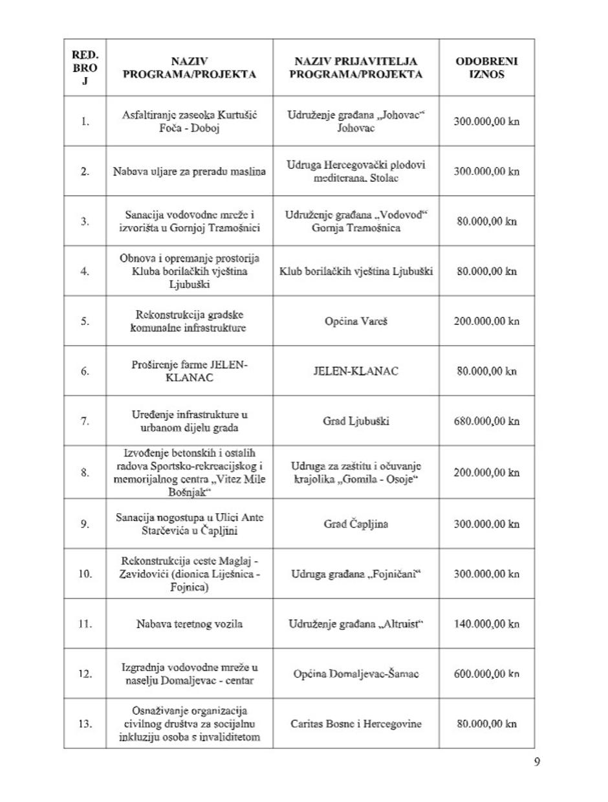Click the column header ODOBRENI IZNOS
coord(486,68)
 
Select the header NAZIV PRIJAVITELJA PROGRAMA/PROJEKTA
coord(356,68)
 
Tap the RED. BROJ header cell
coord(85,68)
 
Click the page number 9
coord(537,761)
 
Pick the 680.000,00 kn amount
coord(486,421)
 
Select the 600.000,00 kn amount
coord(486,674)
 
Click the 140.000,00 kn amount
coord(486,624)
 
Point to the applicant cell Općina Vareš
coord(356,321)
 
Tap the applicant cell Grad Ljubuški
coord(356,421)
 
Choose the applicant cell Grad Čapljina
coord(356,524)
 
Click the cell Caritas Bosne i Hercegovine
coord(356,724)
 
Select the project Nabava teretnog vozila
coord(190,624)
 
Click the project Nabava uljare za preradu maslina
coord(190,172)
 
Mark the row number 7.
coord(85,421)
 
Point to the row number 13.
coord(85,724)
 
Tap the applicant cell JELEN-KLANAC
coord(356,371)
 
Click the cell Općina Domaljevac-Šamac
coord(356,674)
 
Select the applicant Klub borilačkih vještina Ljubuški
coord(356,271)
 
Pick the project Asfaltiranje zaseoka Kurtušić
coord(190,121)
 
